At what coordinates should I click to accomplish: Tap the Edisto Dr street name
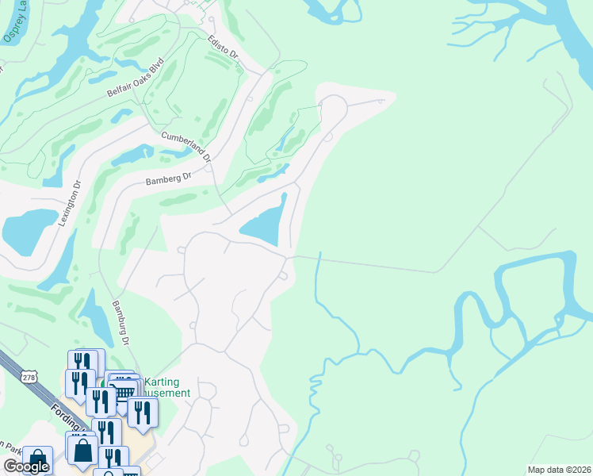tap(224, 49)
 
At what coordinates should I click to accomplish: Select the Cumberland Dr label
tap(186, 146)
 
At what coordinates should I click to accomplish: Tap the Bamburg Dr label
tap(119, 322)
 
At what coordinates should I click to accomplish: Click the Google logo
tap(26, 466)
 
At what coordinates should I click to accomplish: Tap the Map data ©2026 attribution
tap(558, 470)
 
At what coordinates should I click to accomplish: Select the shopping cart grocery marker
tap(124, 390)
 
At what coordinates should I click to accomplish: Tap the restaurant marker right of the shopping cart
tap(143, 411)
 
